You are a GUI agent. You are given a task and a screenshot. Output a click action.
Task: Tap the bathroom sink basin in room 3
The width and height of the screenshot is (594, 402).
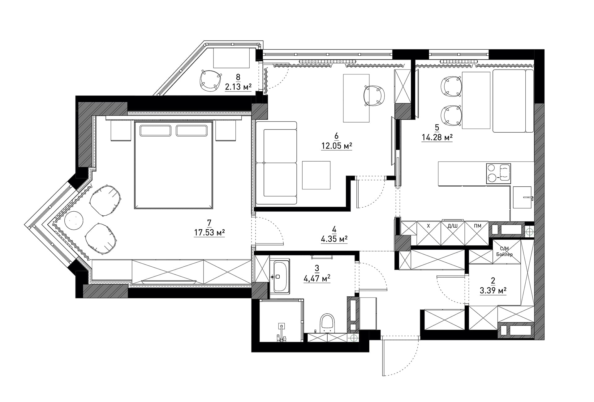(281, 277)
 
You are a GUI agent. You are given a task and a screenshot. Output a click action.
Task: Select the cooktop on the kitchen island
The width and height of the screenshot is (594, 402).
(498, 173)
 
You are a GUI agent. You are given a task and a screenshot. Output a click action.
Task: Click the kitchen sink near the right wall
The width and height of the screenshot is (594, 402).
(522, 197)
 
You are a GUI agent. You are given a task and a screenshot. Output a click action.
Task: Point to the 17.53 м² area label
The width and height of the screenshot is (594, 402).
(209, 232)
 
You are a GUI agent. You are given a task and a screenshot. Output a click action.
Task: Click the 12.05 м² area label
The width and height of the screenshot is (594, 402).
(337, 146)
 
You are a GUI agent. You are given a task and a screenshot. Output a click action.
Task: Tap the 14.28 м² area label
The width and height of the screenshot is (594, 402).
(437, 137)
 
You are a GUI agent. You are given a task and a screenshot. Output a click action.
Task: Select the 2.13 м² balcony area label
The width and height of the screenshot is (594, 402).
(238, 87)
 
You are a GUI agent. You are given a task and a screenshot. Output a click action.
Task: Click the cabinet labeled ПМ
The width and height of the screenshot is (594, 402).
(477, 233)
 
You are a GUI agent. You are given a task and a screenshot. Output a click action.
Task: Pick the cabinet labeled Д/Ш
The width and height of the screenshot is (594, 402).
(453, 233)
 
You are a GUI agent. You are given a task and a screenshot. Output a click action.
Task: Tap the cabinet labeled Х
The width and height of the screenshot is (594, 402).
(428, 233)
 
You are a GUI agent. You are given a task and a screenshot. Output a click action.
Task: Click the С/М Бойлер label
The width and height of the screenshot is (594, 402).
(504, 252)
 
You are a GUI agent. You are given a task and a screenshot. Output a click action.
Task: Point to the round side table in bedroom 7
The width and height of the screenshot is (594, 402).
(74, 220)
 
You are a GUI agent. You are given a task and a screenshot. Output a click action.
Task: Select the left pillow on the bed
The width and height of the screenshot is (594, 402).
(155, 130)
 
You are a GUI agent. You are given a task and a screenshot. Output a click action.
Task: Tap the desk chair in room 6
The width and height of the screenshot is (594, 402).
(374, 95)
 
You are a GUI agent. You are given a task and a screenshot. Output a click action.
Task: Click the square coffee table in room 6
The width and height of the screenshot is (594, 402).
(316, 175)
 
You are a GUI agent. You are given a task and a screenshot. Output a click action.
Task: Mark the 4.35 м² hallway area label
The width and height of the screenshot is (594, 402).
(334, 239)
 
